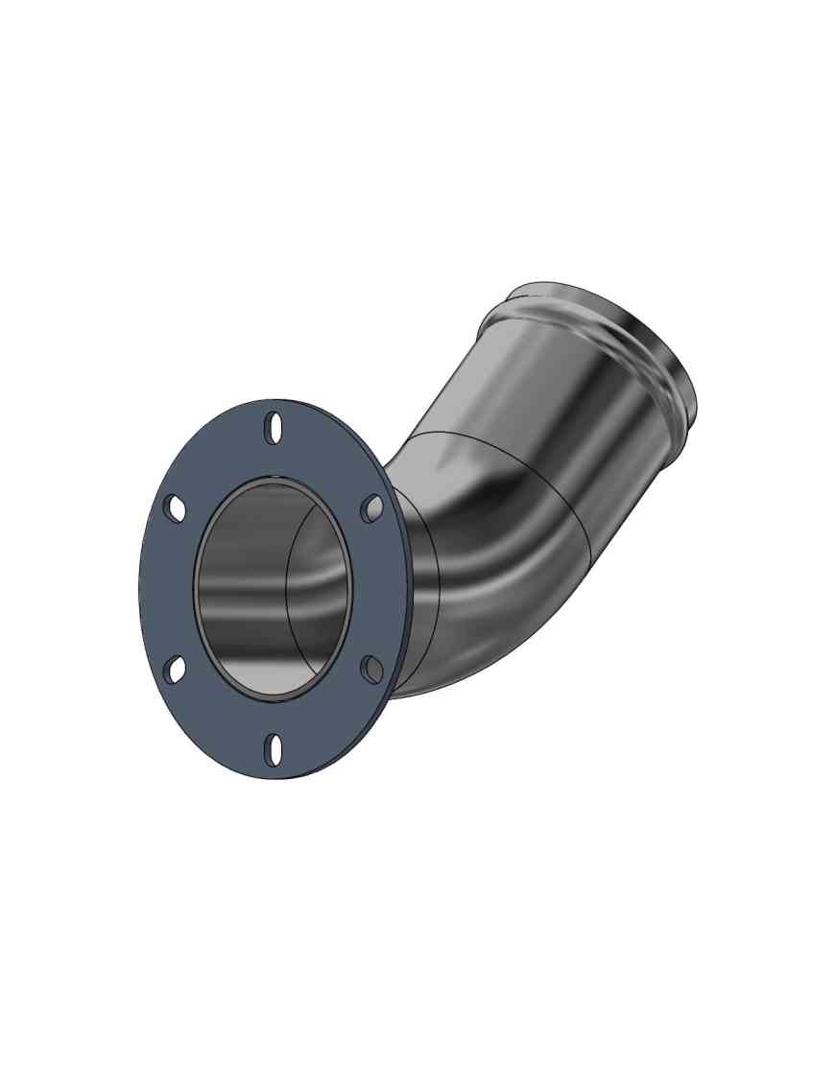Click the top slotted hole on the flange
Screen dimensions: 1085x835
coord(274,428)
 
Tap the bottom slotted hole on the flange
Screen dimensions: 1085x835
coord(275,749)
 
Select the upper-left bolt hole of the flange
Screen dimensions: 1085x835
coord(175,508)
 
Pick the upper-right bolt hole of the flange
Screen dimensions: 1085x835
coord(372,508)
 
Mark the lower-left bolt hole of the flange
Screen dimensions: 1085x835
coord(175,670)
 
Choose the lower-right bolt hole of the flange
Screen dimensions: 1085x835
coord(371,669)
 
